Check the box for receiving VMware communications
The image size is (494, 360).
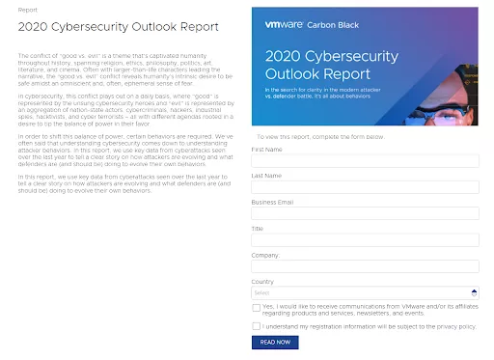point(256,308)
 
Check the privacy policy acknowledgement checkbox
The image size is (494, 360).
point(256,326)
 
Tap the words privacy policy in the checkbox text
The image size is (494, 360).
point(456,326)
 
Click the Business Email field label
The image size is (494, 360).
point(274,202)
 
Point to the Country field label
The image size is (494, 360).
point(262,281)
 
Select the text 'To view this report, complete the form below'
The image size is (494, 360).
point(319,137)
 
